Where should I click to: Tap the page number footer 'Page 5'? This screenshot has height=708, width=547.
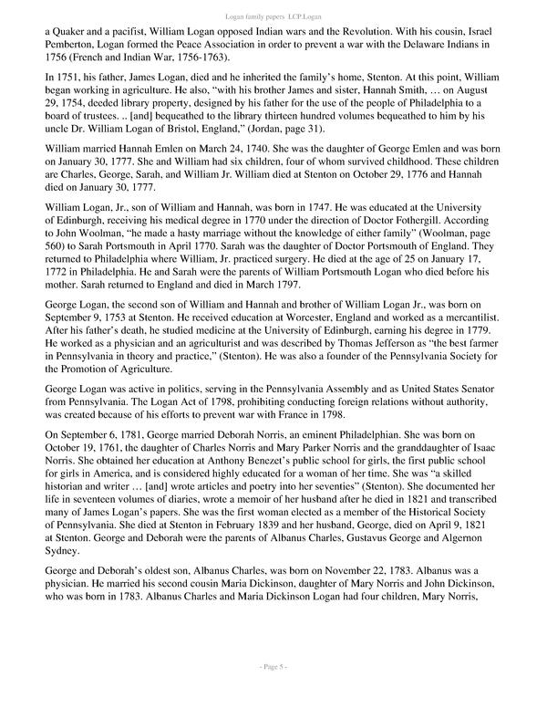(x=273, y=692)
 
